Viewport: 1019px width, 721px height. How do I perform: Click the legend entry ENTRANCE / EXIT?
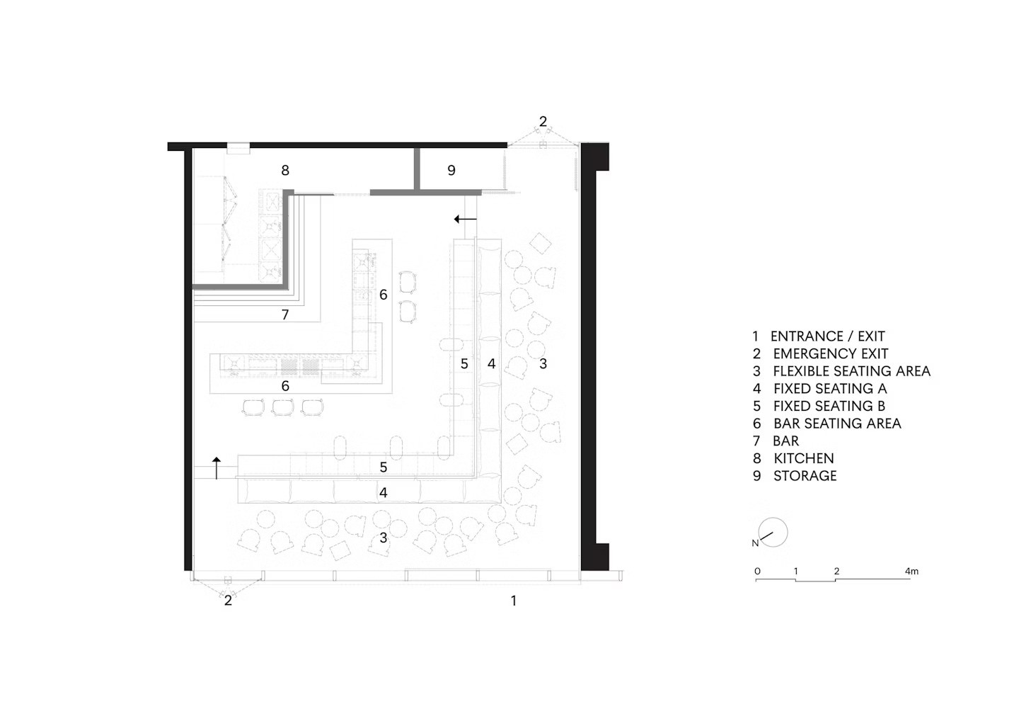tap(827, 336)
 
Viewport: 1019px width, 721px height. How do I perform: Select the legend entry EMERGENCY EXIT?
tap(829, 354)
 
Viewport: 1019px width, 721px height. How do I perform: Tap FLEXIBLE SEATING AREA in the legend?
tap(851, 371)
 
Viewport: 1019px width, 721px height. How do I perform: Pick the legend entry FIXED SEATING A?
tap(829, 389)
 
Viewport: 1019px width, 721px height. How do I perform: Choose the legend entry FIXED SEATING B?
tap(829, 406)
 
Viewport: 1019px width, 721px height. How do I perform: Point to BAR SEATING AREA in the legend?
tap(836, 424)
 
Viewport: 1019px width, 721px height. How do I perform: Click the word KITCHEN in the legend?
tap(803, 458)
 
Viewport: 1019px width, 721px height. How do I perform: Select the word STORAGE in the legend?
tap(805, 476)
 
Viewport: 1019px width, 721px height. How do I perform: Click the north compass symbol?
tap(772, 533)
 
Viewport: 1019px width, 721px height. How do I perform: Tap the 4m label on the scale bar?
tap(911, 571)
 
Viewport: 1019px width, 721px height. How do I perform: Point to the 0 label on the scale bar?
tap(757, 571)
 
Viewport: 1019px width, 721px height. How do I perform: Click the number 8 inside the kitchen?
tap(285, 170)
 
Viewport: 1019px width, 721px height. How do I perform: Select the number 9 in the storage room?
tap(451, 170)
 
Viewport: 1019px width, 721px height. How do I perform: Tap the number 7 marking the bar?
tap(285, 314)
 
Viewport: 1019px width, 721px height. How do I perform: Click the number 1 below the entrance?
tap(514, 601)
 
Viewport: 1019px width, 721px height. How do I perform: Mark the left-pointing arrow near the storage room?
tap(465, 219)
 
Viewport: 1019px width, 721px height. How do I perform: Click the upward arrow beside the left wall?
tap(217, 468)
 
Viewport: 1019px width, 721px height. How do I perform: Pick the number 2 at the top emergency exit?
tap(543, 122)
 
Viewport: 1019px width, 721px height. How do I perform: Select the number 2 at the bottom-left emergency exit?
tap(228, 601)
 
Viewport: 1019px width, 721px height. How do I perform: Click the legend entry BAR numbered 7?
tap(785, 441)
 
